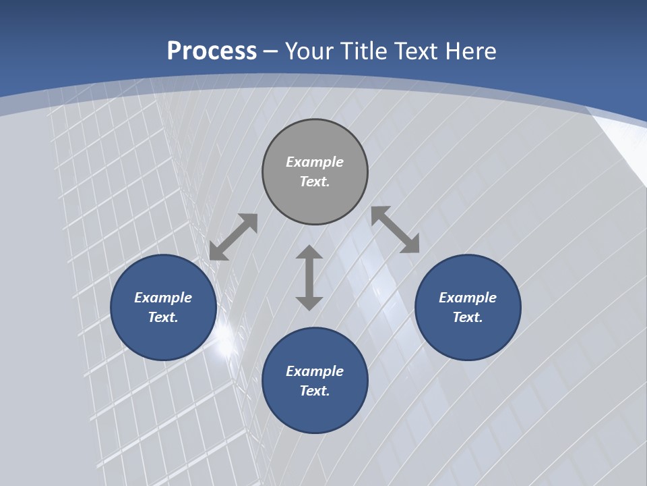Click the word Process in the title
coord(212,51)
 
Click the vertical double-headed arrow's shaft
coord(309,277)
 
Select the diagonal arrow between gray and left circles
coord(233,237)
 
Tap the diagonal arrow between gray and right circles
coord(396,230)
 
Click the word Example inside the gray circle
coord(315,162)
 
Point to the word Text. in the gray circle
coord(315,182)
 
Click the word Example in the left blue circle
coord(163,298)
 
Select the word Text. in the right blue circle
coord(468,317)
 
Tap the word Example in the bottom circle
coord(315,371)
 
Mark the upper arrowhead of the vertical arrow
coord(309,253)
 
